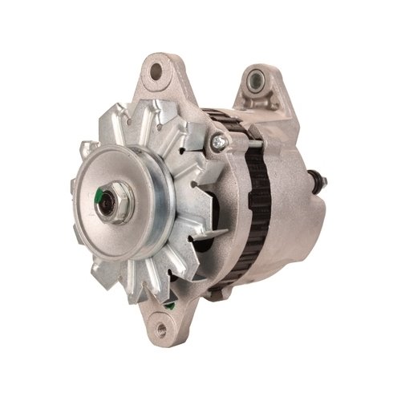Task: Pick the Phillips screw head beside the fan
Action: (x=217, y=143)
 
